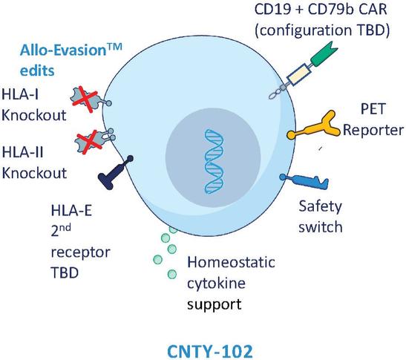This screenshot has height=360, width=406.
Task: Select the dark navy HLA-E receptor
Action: click(x=114, y=173)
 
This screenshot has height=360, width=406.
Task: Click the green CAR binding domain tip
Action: click(x=324, y=54)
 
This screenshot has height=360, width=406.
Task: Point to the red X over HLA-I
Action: click(x=85, y=99)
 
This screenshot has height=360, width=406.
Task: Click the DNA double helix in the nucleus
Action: click(x=214, y=162)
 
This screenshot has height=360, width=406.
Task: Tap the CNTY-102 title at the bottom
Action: click(x=210, y=351)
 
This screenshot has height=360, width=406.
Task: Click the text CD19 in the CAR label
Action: click(x=272, y=10)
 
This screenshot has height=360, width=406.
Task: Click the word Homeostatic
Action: click(x=231, y=262)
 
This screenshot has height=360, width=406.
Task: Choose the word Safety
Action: click(x=321, y=207)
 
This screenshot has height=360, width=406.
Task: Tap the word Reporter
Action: click(x=373, y=130)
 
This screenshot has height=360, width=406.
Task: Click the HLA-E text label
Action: click(x=71, y=210)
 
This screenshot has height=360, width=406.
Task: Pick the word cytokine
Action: click(x=216, y=284)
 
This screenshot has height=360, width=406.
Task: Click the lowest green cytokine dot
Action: click(x=172, y=274)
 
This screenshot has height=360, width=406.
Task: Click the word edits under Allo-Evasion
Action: click(x=37, y=71)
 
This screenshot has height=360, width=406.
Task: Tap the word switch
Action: click(x=321, y=227)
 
